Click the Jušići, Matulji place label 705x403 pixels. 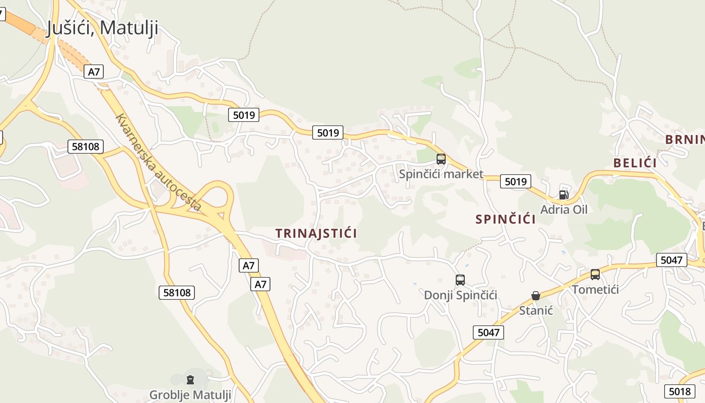(x=102, y=28)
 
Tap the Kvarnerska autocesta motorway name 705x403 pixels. (x=158, y=163)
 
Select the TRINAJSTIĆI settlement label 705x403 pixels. (x=316, y=233)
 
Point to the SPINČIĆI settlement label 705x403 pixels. (x=505, y=220)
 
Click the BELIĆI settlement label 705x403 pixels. (x=635, y=163)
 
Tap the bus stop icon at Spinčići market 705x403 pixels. (x=441, y=159)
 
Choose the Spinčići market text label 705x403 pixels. (x=441, y=174)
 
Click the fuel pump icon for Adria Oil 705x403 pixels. (x=563, y=194)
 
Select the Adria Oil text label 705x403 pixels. (x=563, y=209)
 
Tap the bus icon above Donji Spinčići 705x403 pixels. (x=460, y=280)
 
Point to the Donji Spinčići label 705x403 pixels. (x=460, y=295)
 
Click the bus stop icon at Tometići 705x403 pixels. (x=595, y=275)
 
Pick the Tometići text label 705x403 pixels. (x=595, y=289)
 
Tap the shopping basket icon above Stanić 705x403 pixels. (x=536, y=296)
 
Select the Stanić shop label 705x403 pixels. (x=536, y=310)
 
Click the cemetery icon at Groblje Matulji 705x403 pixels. (x=190, y=379)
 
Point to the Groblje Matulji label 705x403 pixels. (x=190, y=394)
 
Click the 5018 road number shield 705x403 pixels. (x=680, y=391)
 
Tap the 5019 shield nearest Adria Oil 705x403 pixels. (x=516, y=181)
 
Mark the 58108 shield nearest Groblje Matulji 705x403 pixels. (x=177, y=292)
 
